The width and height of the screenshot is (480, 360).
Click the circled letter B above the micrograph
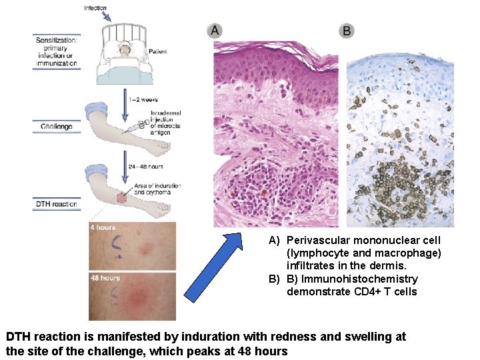[347, 31]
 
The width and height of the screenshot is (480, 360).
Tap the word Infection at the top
[95, 8]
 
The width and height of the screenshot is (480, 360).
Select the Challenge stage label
[57, 126]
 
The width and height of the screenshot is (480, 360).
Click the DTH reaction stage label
[56, 204]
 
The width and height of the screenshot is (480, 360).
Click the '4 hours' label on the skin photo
[103, 227]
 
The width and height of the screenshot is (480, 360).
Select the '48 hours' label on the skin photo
[105, 277]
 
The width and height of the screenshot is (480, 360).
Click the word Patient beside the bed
[157, 51]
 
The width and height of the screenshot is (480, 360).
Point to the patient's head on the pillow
[123, 47]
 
